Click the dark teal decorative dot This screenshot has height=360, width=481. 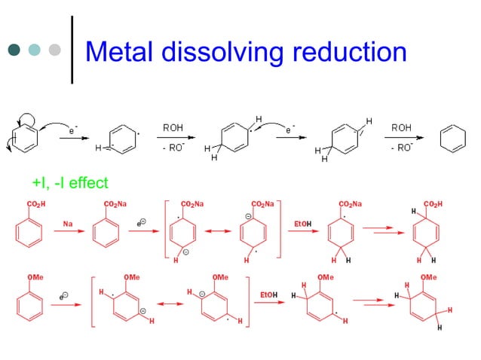coord(14,50)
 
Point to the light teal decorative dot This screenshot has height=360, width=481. coord(34,50)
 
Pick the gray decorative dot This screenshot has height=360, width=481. coord(54,50)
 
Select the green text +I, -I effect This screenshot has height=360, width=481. coord(70,182)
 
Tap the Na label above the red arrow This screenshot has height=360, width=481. coord(68,223)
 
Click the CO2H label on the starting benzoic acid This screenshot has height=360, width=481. coord(35,203)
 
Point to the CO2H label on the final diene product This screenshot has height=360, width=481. coord(433,203)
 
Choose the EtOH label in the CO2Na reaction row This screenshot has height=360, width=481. coord(302,223)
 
